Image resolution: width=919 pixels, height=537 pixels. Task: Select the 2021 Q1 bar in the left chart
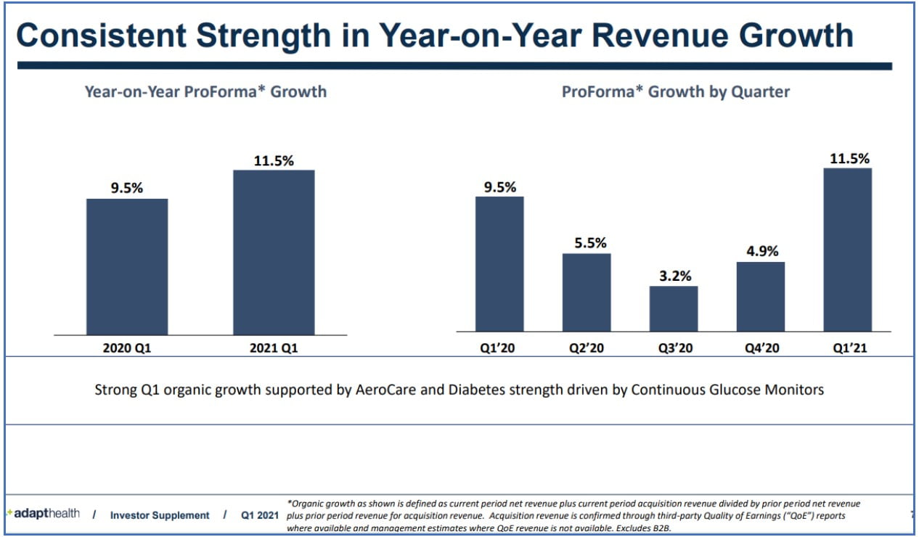pos(274,252)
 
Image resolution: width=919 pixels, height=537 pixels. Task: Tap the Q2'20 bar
pos(587,292)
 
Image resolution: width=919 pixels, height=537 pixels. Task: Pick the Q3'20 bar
pos(674,308)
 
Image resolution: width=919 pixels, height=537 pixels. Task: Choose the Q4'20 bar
pos(761,296)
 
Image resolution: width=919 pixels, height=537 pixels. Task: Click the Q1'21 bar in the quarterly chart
pos(848,250)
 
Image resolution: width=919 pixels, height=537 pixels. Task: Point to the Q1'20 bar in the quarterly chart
pos(499,263)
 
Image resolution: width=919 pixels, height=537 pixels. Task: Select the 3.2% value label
pos(674,276)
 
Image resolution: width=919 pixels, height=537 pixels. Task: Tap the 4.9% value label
pos(761,251)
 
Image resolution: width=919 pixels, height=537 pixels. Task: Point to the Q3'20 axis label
pos(674,348)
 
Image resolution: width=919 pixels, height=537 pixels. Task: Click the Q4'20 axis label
pos(761,348)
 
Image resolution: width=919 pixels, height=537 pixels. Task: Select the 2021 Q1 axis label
pos(274,348)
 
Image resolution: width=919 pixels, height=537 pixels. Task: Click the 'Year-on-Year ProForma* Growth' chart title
pos(205,91)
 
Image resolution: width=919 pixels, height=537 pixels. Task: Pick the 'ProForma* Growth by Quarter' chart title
pos(675,91)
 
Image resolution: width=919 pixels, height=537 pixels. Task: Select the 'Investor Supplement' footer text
pos(160,515)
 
